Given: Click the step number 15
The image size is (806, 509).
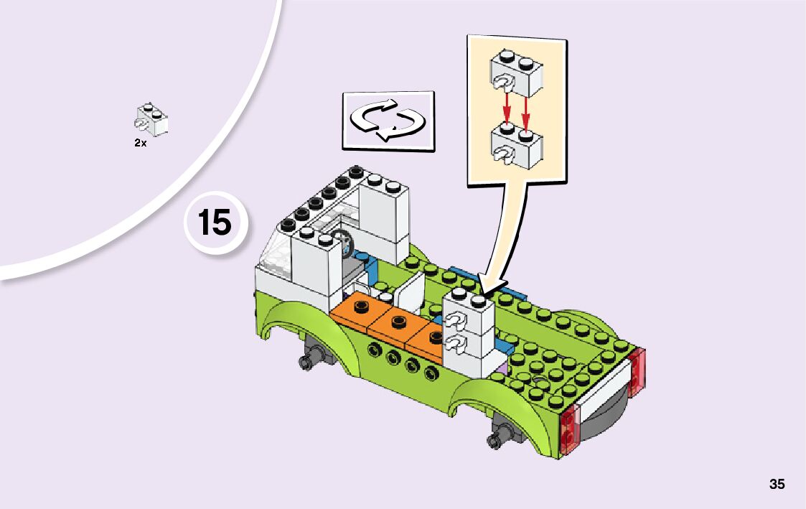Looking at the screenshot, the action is [215, 223].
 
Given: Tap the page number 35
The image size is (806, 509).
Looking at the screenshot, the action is [777, 484].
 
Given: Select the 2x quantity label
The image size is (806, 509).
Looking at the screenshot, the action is [140, 143].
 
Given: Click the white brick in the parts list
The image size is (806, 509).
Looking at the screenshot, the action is [152, 119].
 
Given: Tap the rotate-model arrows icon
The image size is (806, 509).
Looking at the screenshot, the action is [388, 120].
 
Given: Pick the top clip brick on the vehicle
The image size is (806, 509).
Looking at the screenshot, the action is [469, 313].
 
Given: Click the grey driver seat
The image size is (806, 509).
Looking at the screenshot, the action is [353, 271].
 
